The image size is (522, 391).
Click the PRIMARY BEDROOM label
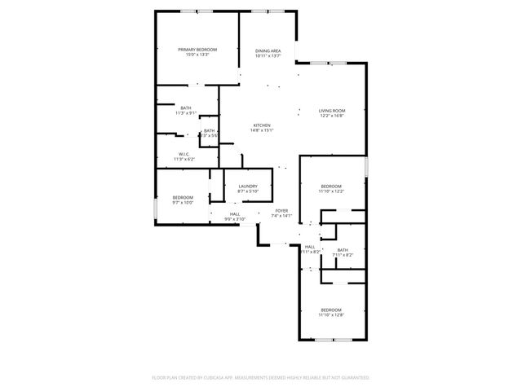tap(197, 50)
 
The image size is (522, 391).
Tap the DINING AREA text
tap(268, 51)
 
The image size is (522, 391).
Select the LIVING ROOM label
tap(332, 111)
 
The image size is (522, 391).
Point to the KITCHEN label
tap(261, 125)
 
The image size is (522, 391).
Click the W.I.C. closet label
tap(184, 153)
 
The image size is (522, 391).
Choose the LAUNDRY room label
tap(248, 186)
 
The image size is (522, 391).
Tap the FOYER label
tap(281, 211)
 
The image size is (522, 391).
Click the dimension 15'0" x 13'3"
tap(197, 55)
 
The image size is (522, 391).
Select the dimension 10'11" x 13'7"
tap(268, 55)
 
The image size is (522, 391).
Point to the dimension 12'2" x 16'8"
tap(332, 116)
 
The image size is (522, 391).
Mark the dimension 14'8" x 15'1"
tap(261, 130)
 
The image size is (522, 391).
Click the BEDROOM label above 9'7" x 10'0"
tap(183, 198)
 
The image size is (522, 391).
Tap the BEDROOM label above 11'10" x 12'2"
tap(331, 186)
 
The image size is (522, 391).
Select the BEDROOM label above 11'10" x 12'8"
tap(331, 310)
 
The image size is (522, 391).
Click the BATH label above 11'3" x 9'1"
tap(186, 108)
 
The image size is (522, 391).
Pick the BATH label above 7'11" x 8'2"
tap(343, 250)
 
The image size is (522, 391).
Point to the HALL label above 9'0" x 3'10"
tap(234, 213)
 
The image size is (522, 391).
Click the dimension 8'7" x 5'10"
tap(248, 191)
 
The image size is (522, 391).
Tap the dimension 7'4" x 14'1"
tap(281, 216)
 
